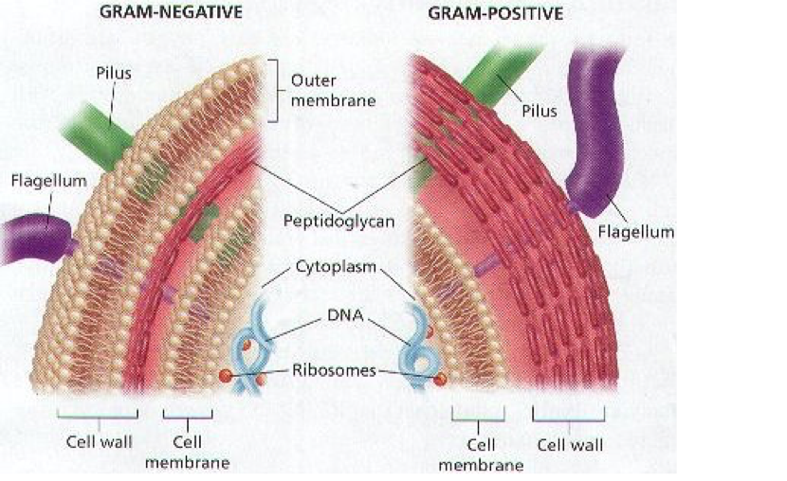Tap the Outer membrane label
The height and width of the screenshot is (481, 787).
(318, 91)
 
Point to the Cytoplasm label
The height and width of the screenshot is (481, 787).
(339, 268)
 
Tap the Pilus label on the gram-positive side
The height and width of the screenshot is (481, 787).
(540, 110)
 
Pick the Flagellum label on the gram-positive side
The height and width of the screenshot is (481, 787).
(643, 230)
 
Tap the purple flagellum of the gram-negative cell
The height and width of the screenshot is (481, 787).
(34, 239)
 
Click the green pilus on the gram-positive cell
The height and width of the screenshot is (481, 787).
(498, 65)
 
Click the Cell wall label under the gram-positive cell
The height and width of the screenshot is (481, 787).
(570, 444)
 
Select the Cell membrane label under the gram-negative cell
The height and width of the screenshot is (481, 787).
(188, 453)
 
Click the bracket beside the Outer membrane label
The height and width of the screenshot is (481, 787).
(274, 91)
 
